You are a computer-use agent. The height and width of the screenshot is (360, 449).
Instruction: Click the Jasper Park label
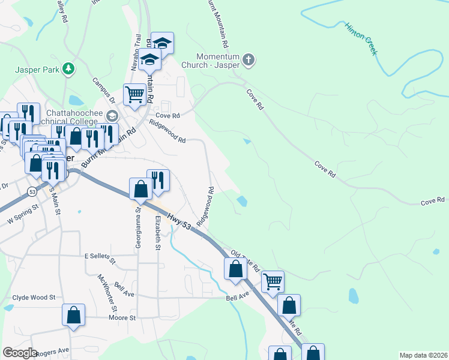[x=37, y=70]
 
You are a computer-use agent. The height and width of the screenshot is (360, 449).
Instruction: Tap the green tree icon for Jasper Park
[x=70, y=69]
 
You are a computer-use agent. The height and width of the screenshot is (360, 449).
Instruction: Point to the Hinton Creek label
[x=361, y=39]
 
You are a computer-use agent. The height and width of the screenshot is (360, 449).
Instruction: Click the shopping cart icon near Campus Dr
[x=134, y=94]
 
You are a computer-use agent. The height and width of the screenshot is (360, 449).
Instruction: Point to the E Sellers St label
[x=100, y=257]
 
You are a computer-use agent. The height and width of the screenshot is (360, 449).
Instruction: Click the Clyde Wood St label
[x=34, y=297]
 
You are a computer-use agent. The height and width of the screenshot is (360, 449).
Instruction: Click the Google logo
[x=20, y=352]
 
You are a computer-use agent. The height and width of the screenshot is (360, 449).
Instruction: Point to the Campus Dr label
[x=103, y=90]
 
